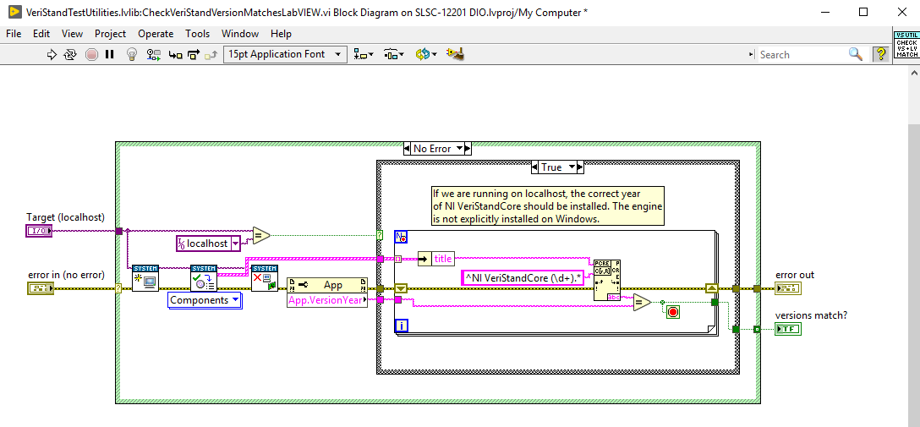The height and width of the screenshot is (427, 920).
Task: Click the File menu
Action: pyautogui.click(x=14, y=34)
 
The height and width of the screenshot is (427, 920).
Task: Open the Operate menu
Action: pyautogui.click(x=156, y=34)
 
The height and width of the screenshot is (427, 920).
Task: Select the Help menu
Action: pyautogui.click(x=281, y=34)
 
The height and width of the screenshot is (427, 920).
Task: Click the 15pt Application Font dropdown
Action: pyautogui.click(x=285, y=54)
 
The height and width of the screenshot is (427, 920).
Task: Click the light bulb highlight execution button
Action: pyautogui.click(x=131, y=54)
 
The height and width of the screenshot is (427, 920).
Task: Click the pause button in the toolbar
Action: pyautogui.click(x=110, y=54)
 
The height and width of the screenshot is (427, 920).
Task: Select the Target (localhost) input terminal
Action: pyautogui.click(x=39, y=231)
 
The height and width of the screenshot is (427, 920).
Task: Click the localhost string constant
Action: pyautogui.click(x=207, y=244)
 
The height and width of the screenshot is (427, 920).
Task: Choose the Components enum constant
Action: pyautogui.click(x=204, y=300)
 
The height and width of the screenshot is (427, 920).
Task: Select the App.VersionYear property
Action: pyautogui.click(x=327, y=300)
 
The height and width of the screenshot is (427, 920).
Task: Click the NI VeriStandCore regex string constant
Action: pyautogui.click(x=522, y=277)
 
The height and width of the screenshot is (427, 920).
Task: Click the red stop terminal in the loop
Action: pyautogui.click(x=673, y=312)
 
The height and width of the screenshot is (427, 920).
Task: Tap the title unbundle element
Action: pyautogui.click(x=443, y=259)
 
